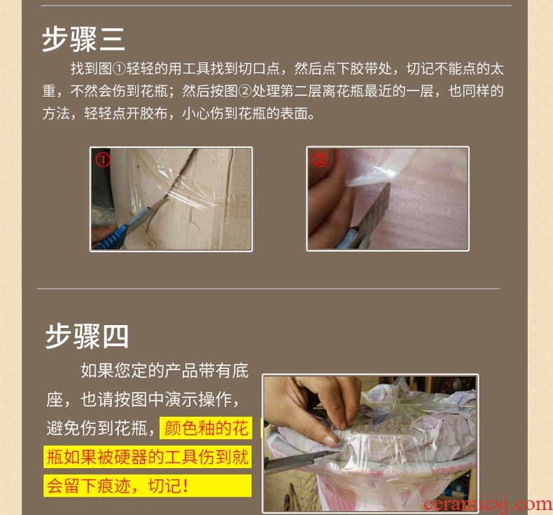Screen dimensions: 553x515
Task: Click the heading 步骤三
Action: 83,39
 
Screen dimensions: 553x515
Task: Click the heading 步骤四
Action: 87,336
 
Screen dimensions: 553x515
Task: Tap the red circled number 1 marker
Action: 103,160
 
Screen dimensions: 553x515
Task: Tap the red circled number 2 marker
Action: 320,160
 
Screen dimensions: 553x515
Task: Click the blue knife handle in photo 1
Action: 116,232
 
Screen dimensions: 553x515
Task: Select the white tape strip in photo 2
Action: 377,170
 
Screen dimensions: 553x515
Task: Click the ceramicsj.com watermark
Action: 488,504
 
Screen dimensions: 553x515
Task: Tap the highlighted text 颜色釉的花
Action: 206,428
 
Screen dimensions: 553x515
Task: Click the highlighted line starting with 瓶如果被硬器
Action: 148,457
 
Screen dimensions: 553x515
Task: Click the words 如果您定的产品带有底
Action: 164,371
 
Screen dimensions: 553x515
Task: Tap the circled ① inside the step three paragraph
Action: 119,69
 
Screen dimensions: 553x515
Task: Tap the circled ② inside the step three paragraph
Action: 245,91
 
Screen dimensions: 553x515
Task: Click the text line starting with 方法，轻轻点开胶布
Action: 178,114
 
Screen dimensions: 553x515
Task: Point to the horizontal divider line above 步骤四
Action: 268,289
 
